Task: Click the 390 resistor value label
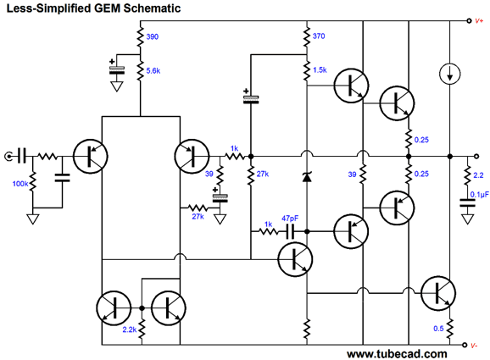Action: tap(153, 36)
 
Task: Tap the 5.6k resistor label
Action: tap(153, 71)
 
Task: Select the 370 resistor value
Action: tap(319, 36)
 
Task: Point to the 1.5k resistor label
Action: tap(320, 70)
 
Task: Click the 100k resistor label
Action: tap(20, 184)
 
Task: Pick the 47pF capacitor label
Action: tap(290, 219)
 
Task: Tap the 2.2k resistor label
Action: tap(130, 330)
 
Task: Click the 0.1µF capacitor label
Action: tap(480, 195)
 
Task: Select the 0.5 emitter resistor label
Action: tap(438, 329)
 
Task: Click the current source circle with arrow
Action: tap(449, 74)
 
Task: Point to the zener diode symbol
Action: tap(307, 177)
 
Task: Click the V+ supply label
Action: tap(479, 21)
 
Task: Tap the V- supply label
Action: tap(475, 346)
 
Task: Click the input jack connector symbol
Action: tap(8, 156)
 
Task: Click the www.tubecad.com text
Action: tap(397, 354)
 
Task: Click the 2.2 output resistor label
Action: tap(478, 175)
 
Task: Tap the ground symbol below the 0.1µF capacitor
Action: tap(467, 219)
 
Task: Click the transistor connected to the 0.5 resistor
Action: tap(437, 293)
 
